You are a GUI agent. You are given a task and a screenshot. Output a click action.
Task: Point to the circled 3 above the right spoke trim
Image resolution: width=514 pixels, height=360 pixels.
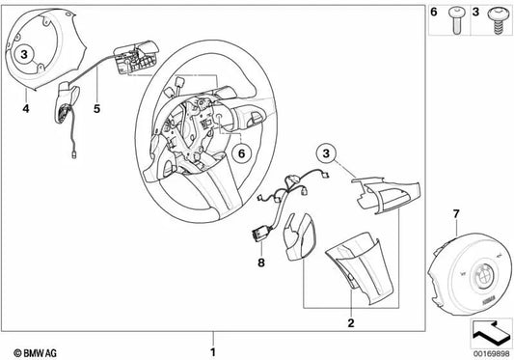coord(328,153)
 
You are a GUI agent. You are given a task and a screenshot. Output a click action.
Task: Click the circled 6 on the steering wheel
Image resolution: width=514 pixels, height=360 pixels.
coord(243,152)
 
